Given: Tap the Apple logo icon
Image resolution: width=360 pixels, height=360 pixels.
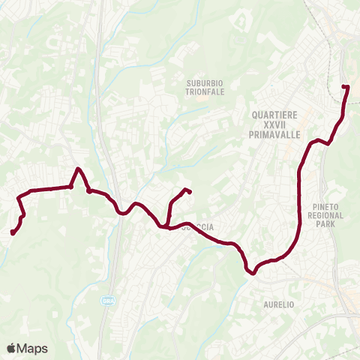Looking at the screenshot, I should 11,348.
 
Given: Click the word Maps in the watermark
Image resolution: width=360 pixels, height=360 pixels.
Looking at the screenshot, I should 33,348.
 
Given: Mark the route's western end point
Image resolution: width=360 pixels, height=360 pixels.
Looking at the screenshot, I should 13,232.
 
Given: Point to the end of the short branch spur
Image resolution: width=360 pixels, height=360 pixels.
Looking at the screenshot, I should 188,191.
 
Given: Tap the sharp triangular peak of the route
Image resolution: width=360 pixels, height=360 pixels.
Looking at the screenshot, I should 78,169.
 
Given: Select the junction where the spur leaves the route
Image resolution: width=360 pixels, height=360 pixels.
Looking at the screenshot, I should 163,225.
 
